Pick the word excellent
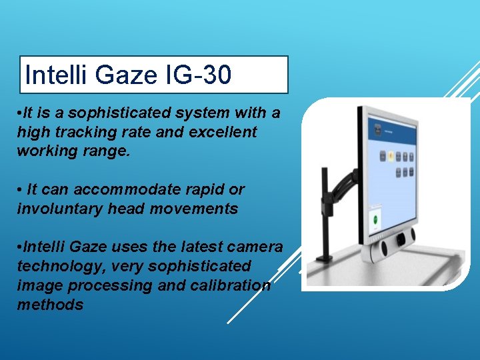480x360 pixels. [223, 132]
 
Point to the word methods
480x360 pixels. [50, 305]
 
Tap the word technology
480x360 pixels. [57, 266]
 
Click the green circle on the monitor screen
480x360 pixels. [375, 218]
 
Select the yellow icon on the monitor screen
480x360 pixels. [391, 156]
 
